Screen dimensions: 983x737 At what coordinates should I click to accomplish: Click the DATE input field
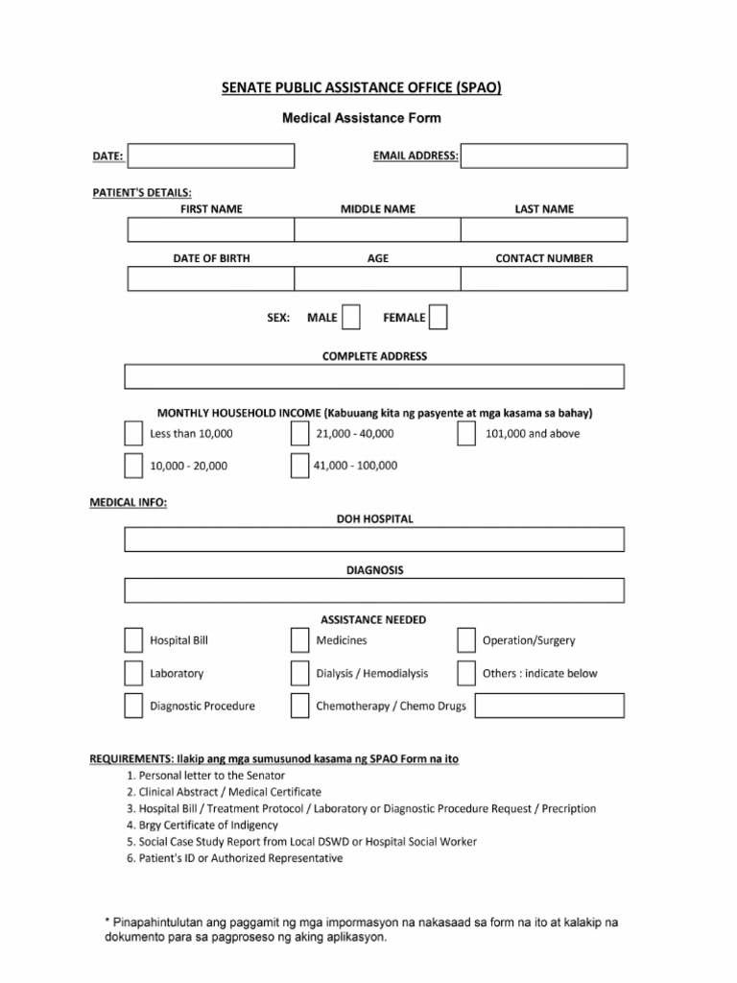tap(210, 156)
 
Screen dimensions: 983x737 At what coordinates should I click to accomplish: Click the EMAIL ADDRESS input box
tap(544, 156)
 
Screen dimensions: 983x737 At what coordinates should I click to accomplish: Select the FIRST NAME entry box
tap(210, 229)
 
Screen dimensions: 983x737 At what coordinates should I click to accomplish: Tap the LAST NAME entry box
tap(543, 229)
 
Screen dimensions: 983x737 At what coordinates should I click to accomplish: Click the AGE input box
tap(376, 278)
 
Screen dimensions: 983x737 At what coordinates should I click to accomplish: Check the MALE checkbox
tap(351, 317)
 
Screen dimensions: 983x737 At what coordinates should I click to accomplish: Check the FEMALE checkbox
tap(438, 317)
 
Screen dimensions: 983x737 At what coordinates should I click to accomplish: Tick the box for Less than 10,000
tap(132, 434)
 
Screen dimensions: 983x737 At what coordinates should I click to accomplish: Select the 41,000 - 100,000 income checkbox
tap(299, 466)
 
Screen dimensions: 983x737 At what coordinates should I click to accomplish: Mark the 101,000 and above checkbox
tap(466, 434)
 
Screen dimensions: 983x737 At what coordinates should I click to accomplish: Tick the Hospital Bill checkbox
tap(132, 640)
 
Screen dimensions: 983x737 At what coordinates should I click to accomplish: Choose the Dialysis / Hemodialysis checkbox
tap(299, 673)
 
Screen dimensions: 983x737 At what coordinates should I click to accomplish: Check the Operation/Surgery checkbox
tap(466, 640)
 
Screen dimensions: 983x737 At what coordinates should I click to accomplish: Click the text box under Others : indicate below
tap(549, 706)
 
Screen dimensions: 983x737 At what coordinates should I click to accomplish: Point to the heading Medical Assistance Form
tap(361, 119)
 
